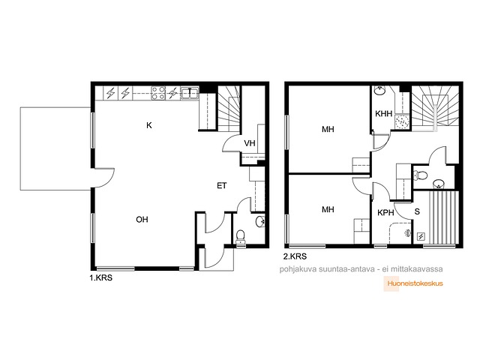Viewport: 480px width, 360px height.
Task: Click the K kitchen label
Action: (149, 125)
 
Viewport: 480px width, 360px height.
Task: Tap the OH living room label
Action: (142, 220)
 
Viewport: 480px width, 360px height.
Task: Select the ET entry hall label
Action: (222, 186)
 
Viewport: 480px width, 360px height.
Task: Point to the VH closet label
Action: (250, 143)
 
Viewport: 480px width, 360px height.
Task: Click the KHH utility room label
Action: (383, 114)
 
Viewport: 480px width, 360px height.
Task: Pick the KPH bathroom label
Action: (385, 212)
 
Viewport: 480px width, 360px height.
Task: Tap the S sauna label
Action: (417, 211)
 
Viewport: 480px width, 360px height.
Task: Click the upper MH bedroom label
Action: (328, 129)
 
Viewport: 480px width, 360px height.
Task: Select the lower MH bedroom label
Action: (328, 209)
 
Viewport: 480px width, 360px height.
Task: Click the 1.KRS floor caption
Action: (100, 278)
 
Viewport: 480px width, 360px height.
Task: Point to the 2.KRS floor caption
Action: (295, 256)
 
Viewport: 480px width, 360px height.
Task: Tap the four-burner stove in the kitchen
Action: (158, 93)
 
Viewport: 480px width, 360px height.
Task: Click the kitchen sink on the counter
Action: (190, 92)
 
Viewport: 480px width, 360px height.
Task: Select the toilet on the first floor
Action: (241, 237)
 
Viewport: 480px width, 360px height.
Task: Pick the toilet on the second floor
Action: (420, 175)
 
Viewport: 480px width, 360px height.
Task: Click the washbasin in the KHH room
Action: (379, 91)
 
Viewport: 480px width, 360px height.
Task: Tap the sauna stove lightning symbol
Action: (421, 236)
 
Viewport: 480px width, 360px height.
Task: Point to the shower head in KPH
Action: (406, 233)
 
